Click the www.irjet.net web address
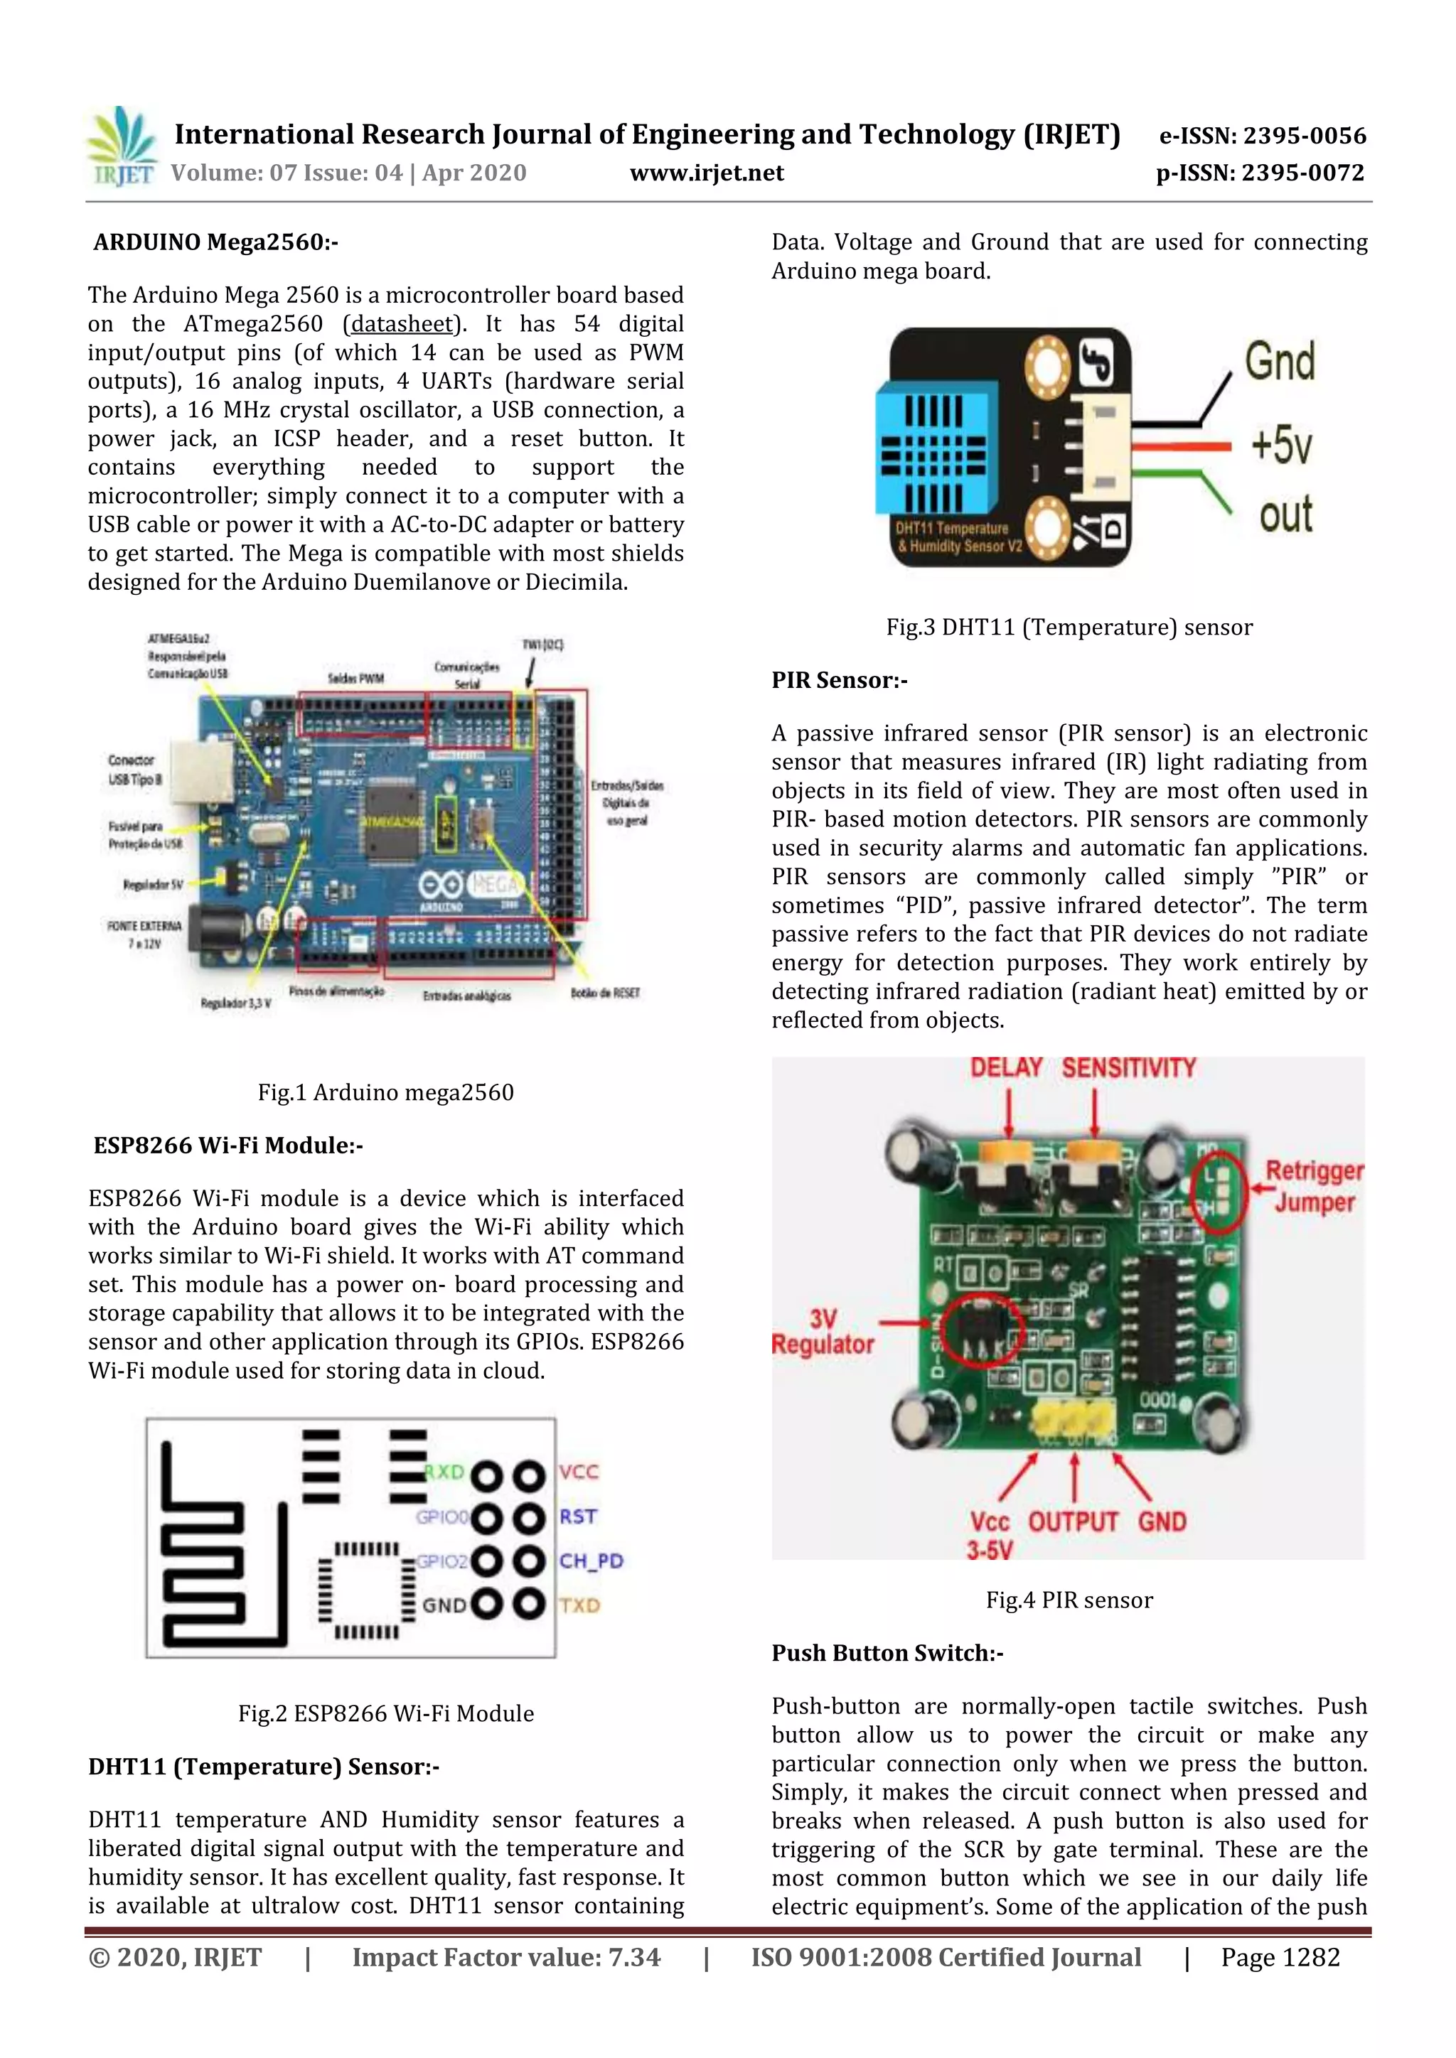707,173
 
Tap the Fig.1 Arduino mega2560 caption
385,1092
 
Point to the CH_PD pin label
591,1561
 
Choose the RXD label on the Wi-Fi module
444,1472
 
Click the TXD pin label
580,1605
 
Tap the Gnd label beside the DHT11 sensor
1280,362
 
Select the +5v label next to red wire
1281,445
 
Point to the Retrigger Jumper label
1313,1186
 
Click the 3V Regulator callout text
822,1332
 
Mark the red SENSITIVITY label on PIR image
1129,1067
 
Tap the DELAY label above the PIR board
1006,1067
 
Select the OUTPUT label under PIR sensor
1074,1522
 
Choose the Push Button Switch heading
887,1653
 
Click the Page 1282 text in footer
1280,1958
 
